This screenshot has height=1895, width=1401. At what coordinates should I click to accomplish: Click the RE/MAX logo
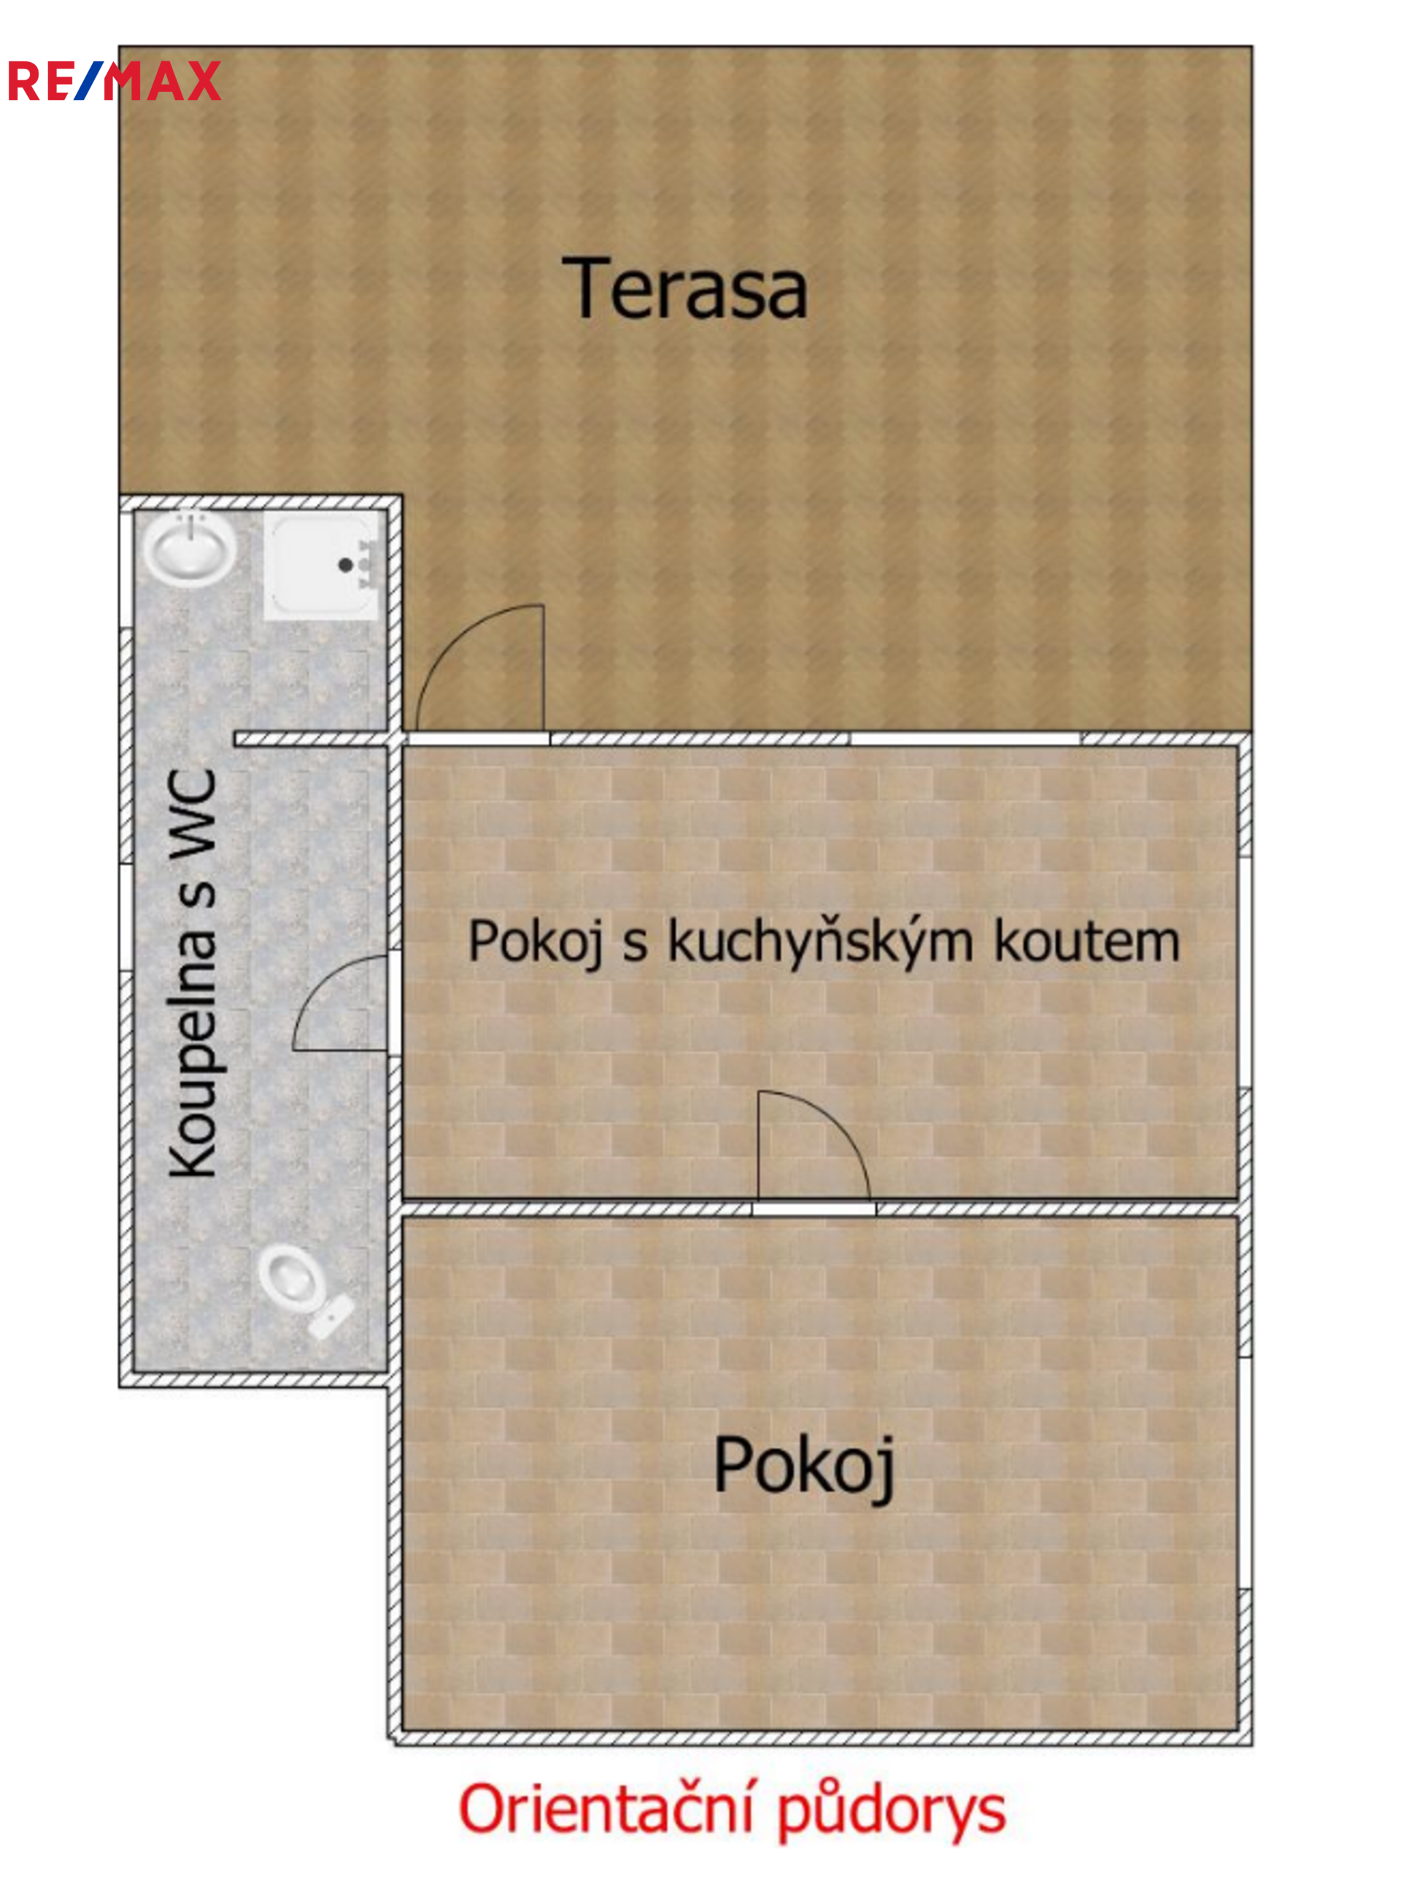(115, 80)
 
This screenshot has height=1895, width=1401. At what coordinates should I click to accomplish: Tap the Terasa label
(684, 289)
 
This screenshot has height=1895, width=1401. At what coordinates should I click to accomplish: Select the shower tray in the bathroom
(321, 565)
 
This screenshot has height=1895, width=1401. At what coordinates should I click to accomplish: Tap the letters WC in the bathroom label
(192, 811)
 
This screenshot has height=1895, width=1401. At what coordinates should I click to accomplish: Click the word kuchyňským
(820, 943)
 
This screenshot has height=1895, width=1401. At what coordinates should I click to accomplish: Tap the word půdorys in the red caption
(892, 1811)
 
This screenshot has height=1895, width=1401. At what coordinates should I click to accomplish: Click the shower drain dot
(345, 564)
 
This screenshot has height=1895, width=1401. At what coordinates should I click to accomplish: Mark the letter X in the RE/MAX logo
(204, 80)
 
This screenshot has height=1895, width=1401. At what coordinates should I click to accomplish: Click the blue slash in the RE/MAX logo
(88, 80)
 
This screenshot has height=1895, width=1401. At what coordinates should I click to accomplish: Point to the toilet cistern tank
(331, 1318)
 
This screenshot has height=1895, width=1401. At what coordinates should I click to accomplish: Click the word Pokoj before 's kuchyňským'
(536, 942)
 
